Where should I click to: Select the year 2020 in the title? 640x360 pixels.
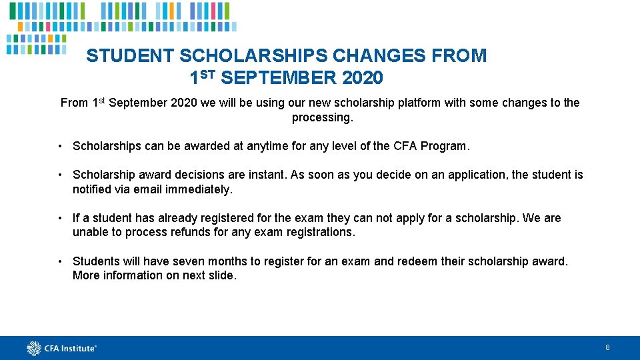point(363,79)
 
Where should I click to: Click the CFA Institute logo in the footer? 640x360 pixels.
point(62,347)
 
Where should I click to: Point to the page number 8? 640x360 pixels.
point(607,347)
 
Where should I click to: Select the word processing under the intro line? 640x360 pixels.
point(321,117)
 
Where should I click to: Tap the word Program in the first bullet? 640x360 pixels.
point(446,146)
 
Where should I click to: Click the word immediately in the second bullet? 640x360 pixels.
point(199,189)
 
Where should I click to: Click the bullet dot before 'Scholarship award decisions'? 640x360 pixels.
point(60,175)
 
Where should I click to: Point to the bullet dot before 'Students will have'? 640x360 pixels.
point(60,261)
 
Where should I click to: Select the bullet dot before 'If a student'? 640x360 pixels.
point(60,218)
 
